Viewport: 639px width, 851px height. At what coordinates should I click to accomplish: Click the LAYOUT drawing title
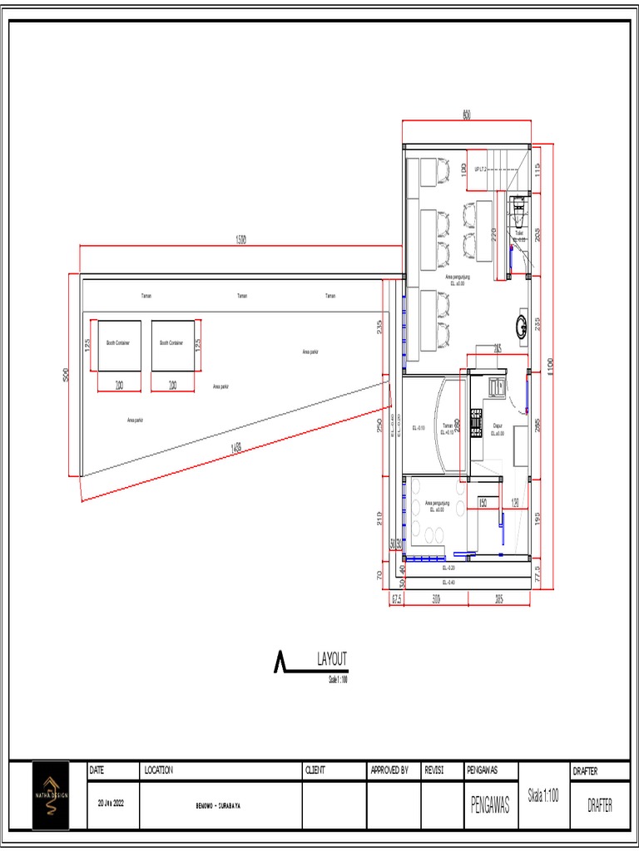pos(332,659)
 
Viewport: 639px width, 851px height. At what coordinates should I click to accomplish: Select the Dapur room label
pos(498,428)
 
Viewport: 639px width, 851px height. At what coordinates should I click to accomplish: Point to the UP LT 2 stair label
pos(480,169)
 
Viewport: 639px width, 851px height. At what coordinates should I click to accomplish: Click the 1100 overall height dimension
pos(549,366)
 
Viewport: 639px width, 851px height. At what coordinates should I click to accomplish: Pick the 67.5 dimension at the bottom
pos(397,598)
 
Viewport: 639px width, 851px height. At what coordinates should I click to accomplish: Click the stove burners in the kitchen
pos(477,421)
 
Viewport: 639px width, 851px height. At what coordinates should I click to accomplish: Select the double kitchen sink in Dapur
pos(496,386)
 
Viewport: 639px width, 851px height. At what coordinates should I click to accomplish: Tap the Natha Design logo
pos(51,794)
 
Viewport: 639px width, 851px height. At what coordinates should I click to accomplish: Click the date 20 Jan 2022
pos(111,804)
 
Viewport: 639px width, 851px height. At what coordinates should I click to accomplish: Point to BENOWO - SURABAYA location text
pos(220,805)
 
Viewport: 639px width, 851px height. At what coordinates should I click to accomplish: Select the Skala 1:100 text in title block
pos(543,794)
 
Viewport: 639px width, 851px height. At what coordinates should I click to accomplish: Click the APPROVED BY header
pos(389,770)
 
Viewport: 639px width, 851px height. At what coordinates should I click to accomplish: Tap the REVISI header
pos(434,770)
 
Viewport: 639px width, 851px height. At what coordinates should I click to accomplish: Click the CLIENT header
pos(315,770)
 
